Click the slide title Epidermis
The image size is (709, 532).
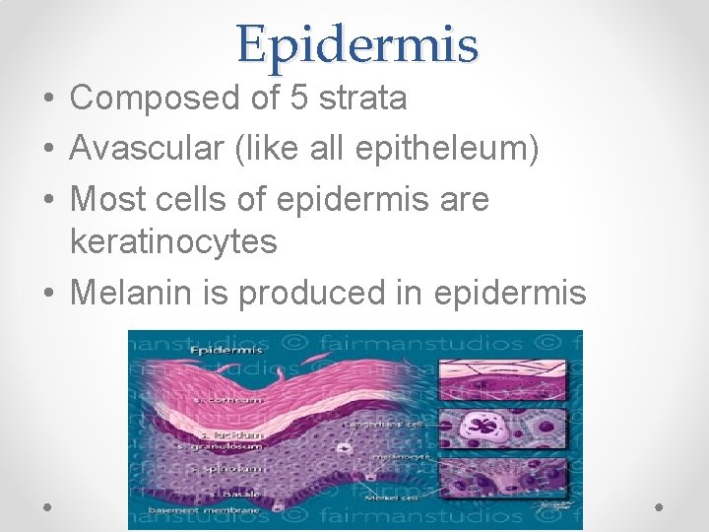[x=356, y=43]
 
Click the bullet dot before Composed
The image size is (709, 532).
[x=48, y=99]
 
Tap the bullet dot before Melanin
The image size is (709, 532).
[x=48, y=294]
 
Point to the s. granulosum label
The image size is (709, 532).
[x=228, y=448]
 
